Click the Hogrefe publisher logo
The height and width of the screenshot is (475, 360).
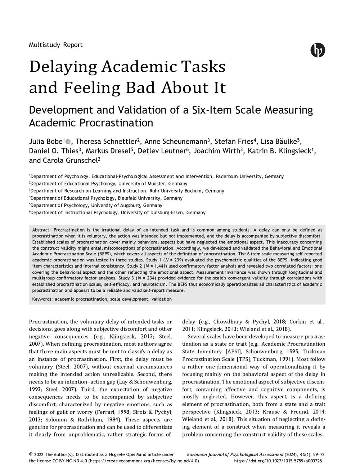point(318,50)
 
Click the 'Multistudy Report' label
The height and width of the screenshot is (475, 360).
point(55,45)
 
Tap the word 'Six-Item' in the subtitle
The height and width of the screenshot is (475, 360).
point(211,110)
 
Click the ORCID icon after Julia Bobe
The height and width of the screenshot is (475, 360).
point(68,142)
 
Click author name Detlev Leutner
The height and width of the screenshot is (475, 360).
point(161,151)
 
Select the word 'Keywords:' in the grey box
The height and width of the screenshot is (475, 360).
point(42,299)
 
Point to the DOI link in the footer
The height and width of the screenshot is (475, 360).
point(278,461)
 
